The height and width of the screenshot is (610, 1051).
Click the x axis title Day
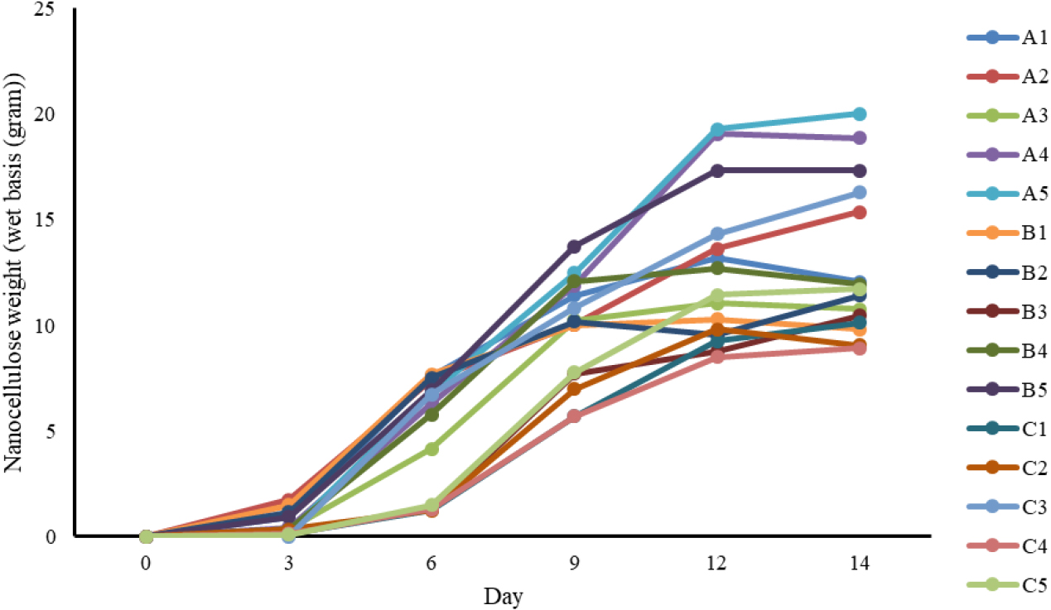click(x=504, y=596)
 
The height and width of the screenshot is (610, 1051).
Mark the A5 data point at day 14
click(x=860, y=114)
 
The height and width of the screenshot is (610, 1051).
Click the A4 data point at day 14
click(x=860, y=138)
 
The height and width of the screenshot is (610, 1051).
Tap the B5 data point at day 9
click(x=574, y=247)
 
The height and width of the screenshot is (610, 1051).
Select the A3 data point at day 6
click(x=431, y=449)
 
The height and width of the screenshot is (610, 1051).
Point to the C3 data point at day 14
click(x=860, y=193)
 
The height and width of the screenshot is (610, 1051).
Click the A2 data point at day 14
click(x=860, y=213)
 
